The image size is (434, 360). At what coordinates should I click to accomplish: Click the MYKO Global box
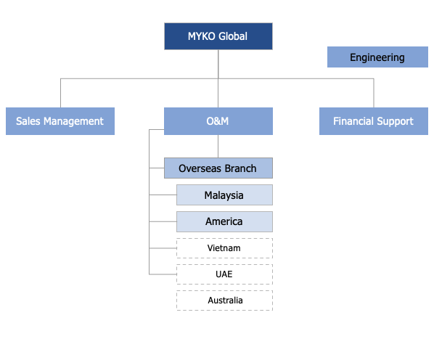pos(218,36)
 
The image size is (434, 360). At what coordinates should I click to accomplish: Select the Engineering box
pos(377,57)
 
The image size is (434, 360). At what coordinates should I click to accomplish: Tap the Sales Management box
pos(60,121)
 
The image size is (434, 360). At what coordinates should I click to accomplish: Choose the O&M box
pos(218,121)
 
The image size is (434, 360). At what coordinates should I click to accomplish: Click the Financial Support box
pos(374,121)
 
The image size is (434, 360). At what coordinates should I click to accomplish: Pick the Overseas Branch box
pos(218,168)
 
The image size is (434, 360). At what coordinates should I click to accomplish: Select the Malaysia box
pos(224,195)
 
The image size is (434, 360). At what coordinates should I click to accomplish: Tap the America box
pos(224,221)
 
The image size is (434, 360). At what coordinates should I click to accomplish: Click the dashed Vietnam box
pos(224,248)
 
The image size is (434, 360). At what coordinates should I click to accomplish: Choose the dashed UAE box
pos(224,274)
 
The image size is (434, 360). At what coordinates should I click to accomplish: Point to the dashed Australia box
pos(224,300)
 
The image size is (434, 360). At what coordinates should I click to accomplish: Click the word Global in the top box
pos(233,36)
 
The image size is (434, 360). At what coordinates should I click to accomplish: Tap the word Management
pos(73,121)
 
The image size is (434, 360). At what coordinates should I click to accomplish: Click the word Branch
pos(241,168)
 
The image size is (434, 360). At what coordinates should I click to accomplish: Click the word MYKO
pos(202,36)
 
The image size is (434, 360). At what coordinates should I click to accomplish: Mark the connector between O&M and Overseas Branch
pos(218,147)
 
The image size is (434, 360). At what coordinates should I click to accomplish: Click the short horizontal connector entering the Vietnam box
pos(163,248)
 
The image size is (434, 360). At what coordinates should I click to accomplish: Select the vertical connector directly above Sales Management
pos(61,93)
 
